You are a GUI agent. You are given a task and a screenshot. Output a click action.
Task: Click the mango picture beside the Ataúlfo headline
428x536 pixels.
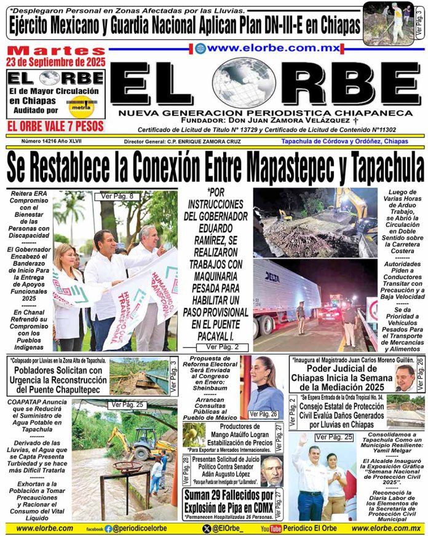[x=194, y=435]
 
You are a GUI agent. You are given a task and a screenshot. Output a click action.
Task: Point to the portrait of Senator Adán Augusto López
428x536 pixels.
[x=274, y=470]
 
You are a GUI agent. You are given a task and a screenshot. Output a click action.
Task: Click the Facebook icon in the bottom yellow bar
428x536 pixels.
[x=108, y=528]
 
